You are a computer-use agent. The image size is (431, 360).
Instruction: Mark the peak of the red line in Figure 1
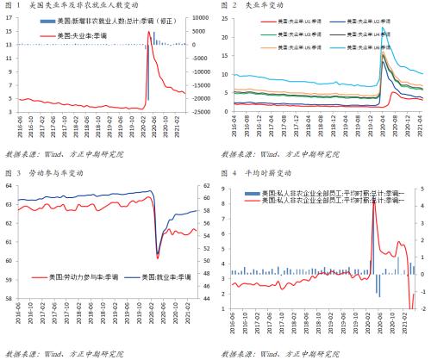(148, 32)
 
